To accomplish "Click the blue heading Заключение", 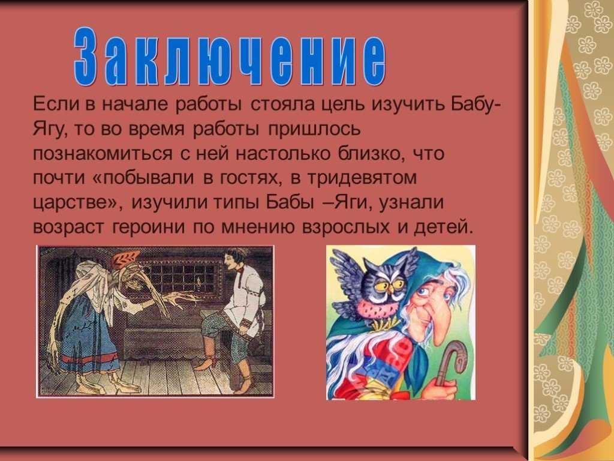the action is point(230,56).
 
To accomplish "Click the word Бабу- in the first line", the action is point(475,104).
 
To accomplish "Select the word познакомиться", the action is point(103,153).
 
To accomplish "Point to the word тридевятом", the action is point(362,178).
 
